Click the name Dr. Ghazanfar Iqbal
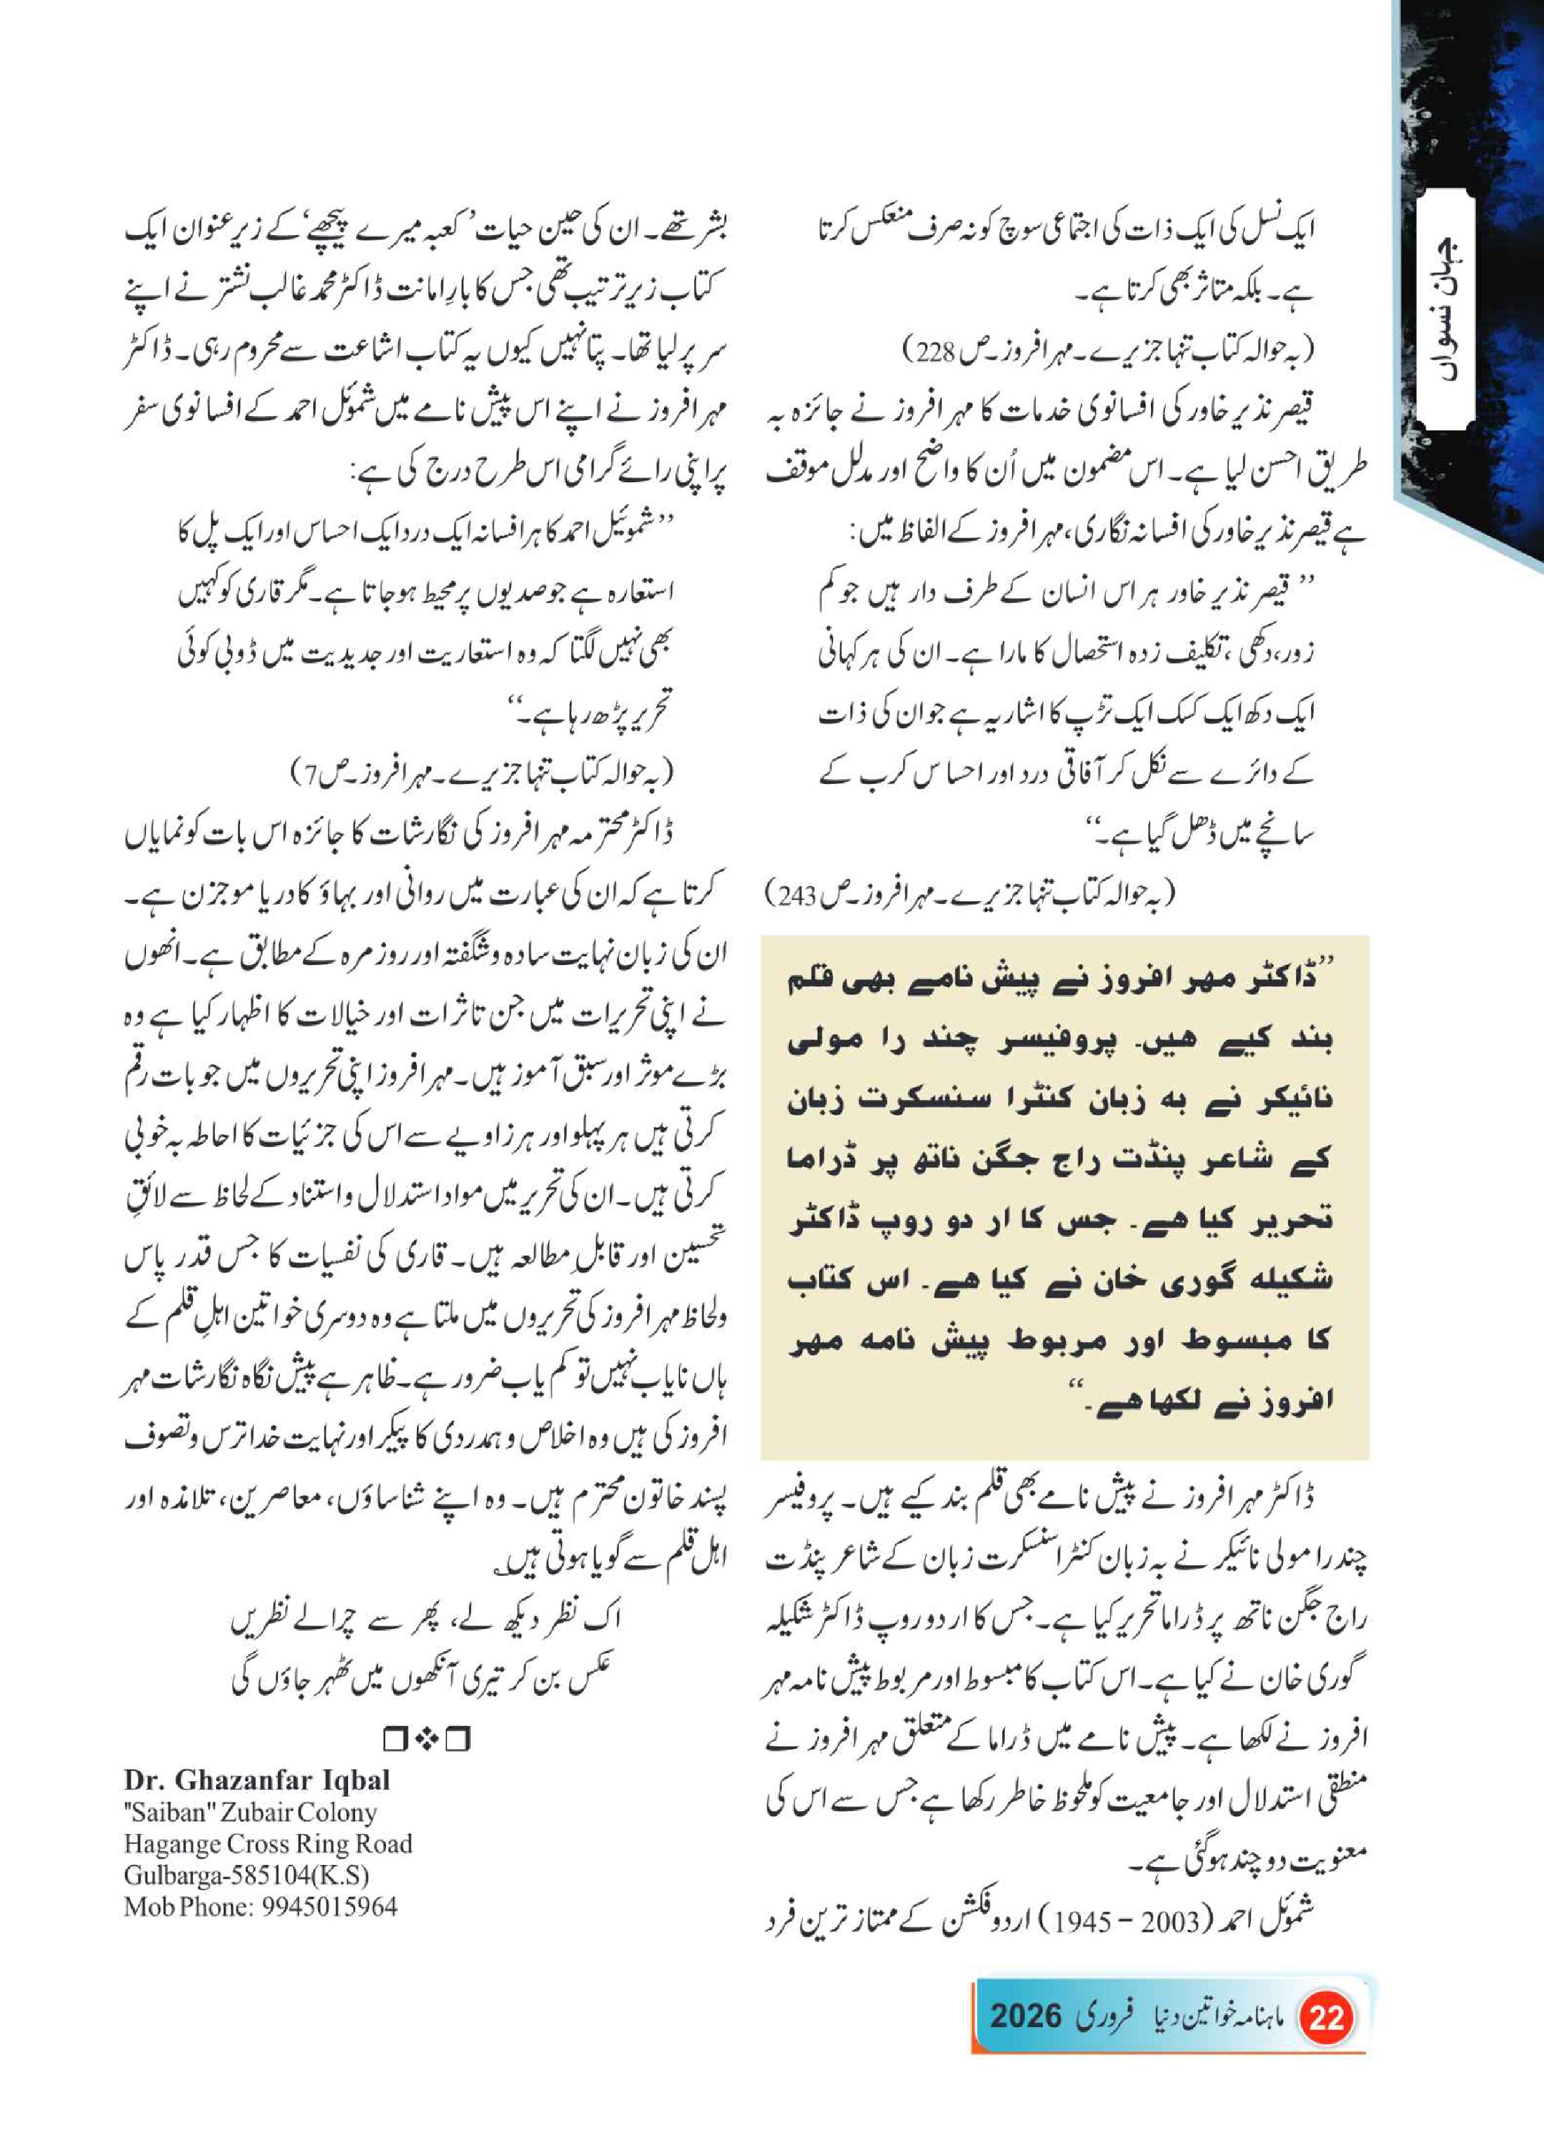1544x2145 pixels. (x=257, y=1780)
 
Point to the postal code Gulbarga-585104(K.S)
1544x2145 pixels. (x=246, y=1875)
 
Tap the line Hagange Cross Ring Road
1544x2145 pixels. (x=267, y=1845)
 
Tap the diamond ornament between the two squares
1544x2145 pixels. (x=425, y=1739)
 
